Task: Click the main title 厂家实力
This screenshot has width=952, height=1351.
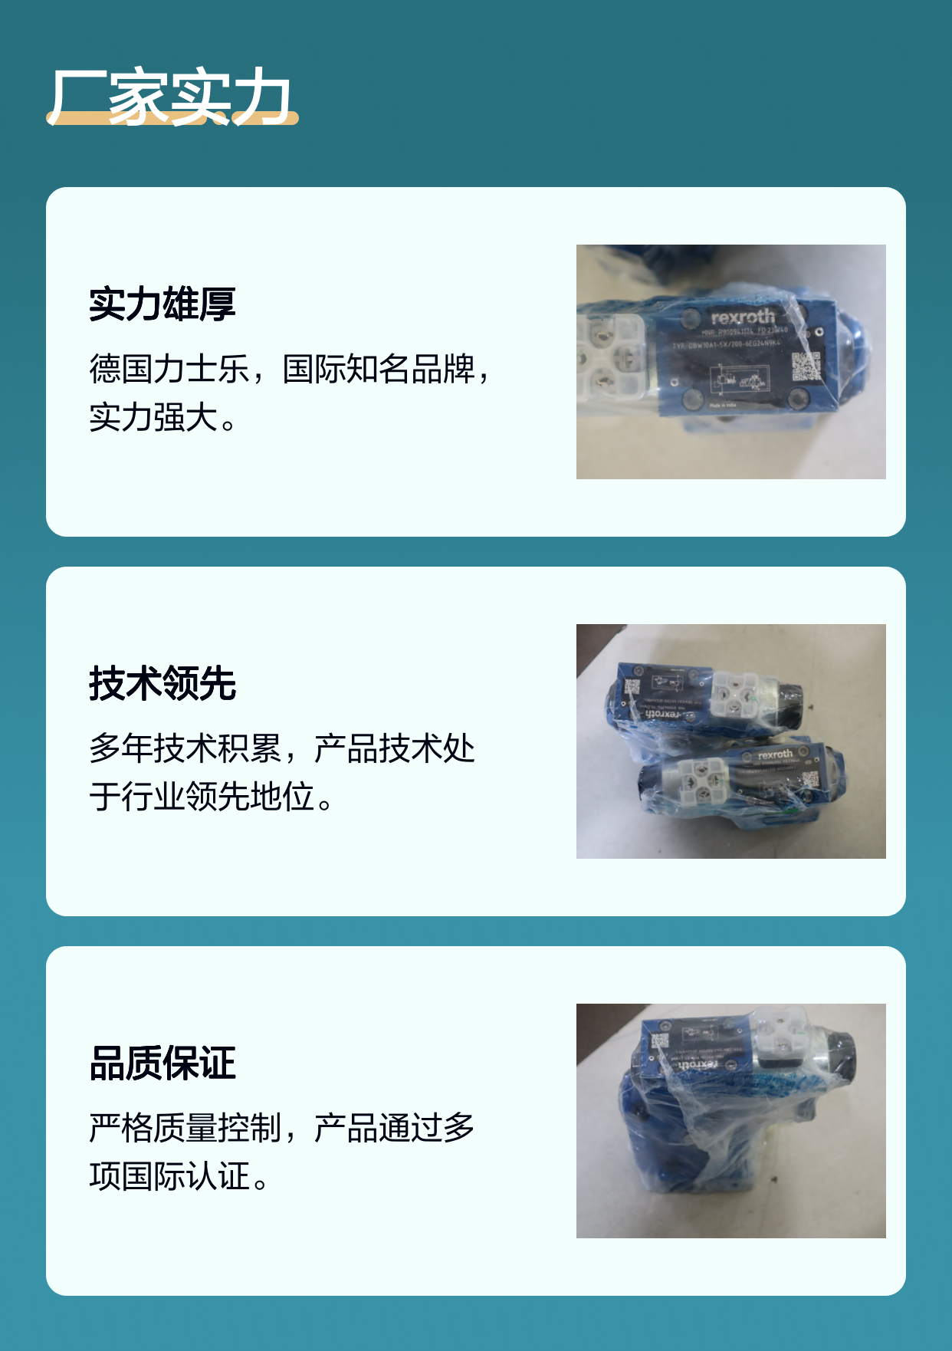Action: [170, 97]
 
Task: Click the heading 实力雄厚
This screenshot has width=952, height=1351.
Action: [162, 304]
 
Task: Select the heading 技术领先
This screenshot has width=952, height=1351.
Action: [162, 684]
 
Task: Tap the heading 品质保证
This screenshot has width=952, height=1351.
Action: [162, 1063]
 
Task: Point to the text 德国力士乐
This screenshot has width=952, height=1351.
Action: [169, 369]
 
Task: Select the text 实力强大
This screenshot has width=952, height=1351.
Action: [153, 417]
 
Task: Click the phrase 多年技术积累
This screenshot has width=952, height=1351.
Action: [185, 748]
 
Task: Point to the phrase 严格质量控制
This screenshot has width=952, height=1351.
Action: [185, 1128]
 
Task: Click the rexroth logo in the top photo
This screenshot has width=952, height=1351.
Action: [742, 317]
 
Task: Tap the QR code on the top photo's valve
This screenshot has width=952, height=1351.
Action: [806, 367]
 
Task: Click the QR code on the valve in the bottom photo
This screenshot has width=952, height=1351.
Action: [660, 1041]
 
